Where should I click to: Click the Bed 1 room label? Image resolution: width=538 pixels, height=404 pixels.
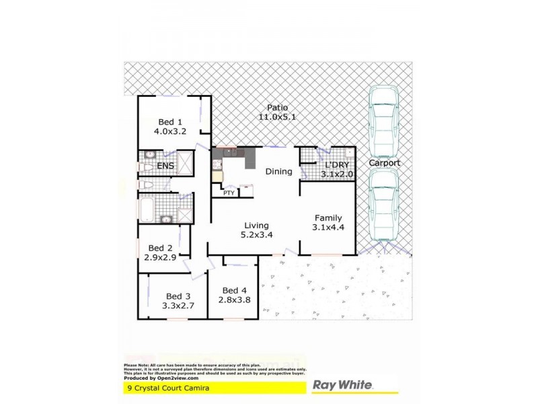pyautogui.click(x=170, y=122)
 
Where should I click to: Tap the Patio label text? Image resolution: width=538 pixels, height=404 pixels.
pyautogui.click(x=277, y=107)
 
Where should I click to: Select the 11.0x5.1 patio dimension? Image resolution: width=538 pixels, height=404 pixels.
pyautogui.click(x=277, y=116)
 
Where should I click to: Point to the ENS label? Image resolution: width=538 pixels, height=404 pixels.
pyautogui.click(x=165, y=166)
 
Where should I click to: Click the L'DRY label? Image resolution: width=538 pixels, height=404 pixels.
pyautogui.click(x=336, y=166)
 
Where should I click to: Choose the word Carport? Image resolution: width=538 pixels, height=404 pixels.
pyautogui.click(x=384, y=163)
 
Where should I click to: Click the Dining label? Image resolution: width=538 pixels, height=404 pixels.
pyautogui.click(x=278, y=172)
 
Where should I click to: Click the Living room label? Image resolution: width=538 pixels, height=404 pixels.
pyautogui.click(x=256, y=225)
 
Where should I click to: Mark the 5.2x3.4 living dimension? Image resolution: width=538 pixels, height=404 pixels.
pyautogui.click(x=256, y=234)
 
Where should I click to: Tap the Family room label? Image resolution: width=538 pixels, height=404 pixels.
pyautogui.click(x=328, y=217)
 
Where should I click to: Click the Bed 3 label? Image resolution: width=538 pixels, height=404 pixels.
pyautogui.click(x=178, y=296)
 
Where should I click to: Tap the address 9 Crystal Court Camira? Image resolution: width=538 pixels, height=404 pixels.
pyautogui.click(x=166, y=387)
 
